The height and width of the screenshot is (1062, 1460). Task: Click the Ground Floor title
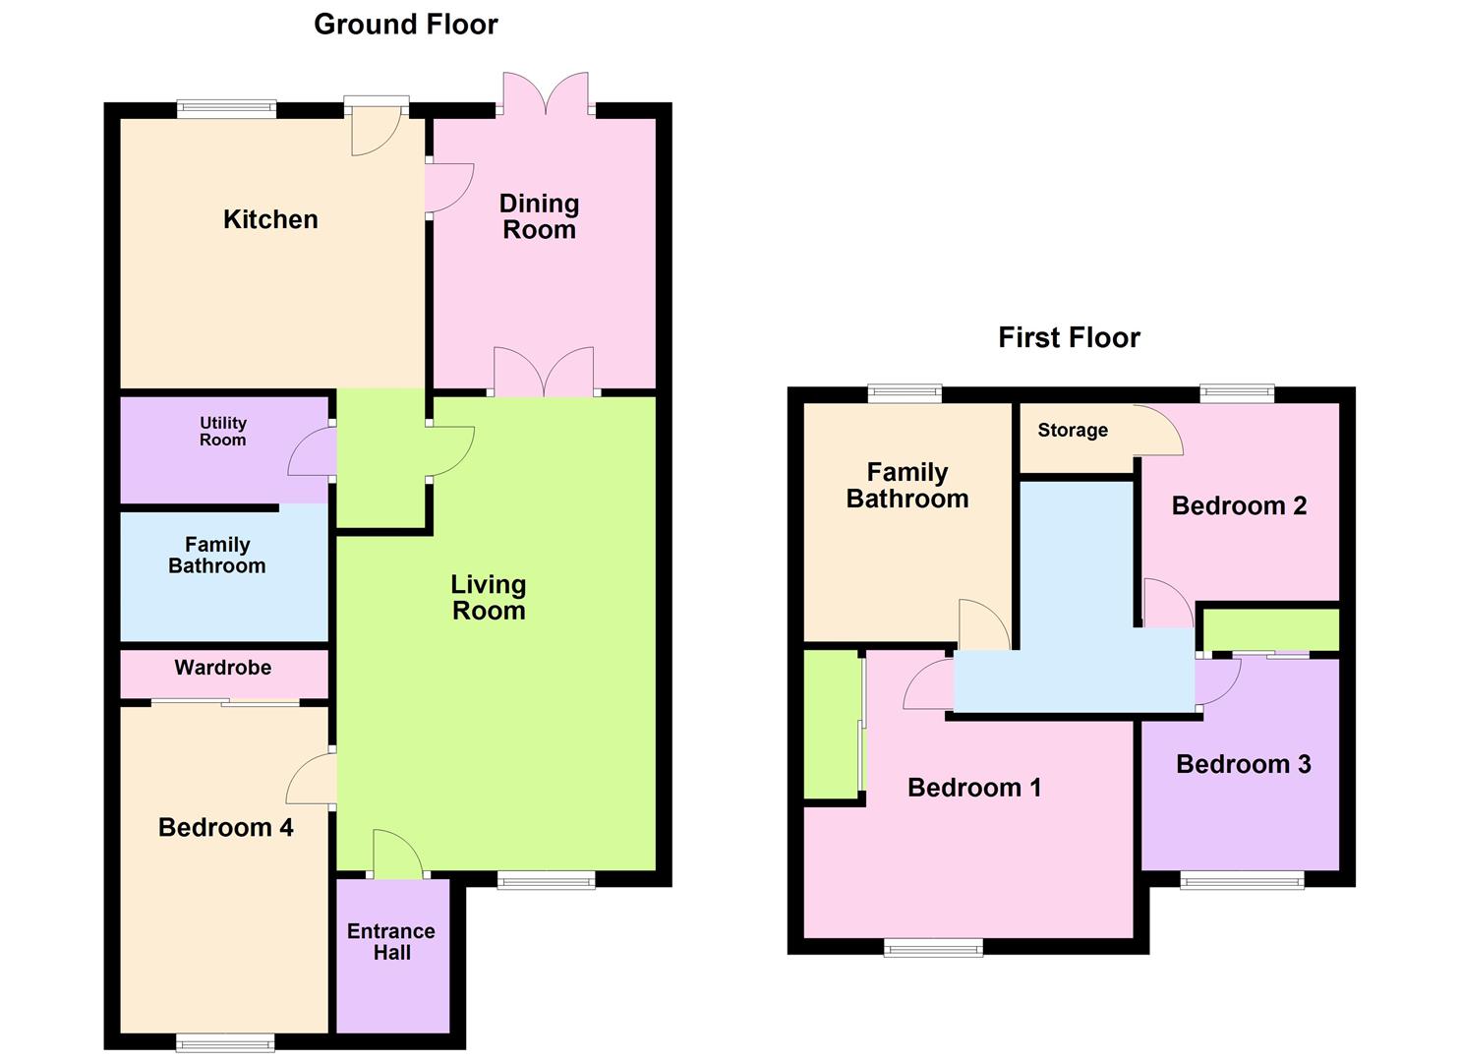coord(405,25)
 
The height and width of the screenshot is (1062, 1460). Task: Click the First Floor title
coord(1069,338)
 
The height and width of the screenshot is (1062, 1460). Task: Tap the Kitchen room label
coord(270,219)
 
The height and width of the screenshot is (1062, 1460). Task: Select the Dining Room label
coord(539,217)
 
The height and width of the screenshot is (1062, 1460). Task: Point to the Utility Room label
coord(223,432)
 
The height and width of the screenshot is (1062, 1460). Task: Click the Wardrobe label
coord(223,668)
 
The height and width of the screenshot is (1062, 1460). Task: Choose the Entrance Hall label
coord(391,942)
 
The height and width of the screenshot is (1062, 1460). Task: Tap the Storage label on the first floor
coord(1073,431)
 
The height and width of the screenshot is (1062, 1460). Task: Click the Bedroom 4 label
coord(225,828)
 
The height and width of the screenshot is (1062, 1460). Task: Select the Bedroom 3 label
coord(1243,765)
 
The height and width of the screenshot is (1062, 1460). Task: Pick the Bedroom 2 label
coord(1239,506)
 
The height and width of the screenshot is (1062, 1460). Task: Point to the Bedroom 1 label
coord(973,788)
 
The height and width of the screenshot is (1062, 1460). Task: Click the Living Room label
coord(489,598)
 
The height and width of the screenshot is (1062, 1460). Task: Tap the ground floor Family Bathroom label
coord(217,556)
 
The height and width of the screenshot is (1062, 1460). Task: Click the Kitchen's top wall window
coord(226,109)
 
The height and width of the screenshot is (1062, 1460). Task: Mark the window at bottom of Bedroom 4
coord(225,1042)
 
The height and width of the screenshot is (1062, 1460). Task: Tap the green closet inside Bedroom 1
coord(831,725)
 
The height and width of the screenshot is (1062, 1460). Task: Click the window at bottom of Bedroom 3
coord(1242,880)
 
